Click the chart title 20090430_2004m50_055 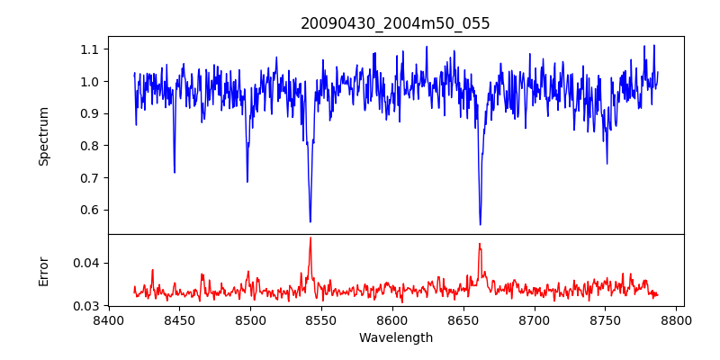tap(395, 23)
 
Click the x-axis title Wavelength tap(395, 338)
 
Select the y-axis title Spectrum tap(44, 136)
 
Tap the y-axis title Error tap(44, 271)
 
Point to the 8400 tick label tap(108, 320)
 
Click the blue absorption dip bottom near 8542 tap(310, 221)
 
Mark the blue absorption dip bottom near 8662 tap(480, 224)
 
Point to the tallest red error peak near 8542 tap(310, 238)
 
